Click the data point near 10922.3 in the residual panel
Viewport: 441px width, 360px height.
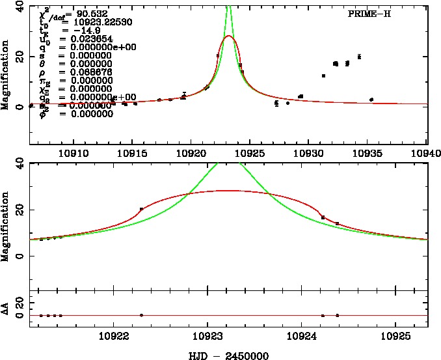point(141,315)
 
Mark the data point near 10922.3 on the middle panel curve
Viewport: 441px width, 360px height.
point(141,209)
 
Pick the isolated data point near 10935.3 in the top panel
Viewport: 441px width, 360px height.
point(371,100)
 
